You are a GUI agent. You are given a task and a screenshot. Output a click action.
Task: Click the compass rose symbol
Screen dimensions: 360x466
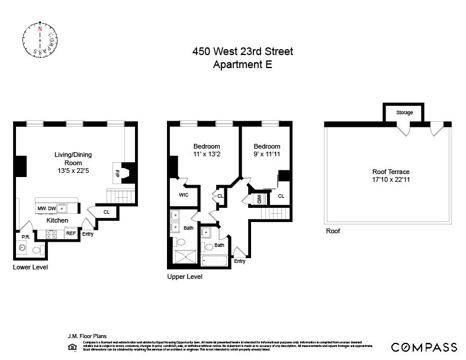(x=40, y=40)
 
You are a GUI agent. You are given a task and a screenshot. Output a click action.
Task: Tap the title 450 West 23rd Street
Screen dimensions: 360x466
(x=242, y=52)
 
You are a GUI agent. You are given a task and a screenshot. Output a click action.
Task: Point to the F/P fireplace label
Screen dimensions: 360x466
(x=116, y=173)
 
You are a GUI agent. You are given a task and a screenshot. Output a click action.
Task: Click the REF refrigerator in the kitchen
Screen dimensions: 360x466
(x=70, y=233)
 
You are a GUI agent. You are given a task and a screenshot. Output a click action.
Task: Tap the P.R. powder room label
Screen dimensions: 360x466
(x=25, y=237)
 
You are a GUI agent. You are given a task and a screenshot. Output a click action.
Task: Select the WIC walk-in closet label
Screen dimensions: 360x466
(x=183, y=195)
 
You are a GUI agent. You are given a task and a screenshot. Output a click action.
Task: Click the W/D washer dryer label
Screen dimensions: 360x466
(x=259, y=199)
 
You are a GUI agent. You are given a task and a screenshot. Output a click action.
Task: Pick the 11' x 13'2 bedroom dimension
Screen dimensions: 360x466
(x=207, y=155)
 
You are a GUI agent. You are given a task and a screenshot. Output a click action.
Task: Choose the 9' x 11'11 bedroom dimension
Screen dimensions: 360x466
(x=266, y=155)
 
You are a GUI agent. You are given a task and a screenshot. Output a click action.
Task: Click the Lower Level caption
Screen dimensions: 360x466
(x=30, y=268)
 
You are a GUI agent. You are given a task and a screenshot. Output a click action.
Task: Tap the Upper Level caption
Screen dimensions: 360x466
(x=185, y=277)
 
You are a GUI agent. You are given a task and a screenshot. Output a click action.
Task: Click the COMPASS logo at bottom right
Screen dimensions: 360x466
(x=424, y=348)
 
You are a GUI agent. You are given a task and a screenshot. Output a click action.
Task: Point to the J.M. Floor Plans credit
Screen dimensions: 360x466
(x=88, y=336)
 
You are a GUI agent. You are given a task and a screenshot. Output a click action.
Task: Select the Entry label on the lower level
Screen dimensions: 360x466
(x=88, y=233)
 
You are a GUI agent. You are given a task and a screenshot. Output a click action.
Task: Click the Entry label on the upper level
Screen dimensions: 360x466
(x=240, y=261)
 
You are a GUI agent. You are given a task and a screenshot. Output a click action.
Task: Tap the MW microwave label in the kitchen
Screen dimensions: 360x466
(x=42, y=208)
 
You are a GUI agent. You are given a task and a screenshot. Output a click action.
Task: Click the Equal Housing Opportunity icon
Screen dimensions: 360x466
(x=72, y=346)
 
